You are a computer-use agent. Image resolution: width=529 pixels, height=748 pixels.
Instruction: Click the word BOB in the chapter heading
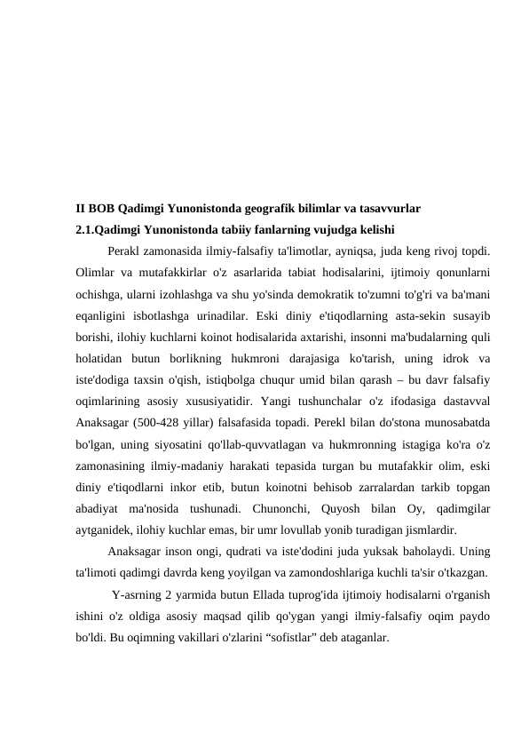(101, 210)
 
